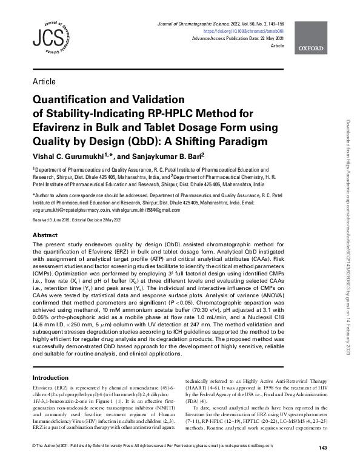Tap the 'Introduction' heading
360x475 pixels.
pyautogui.click(x=51, y=377)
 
